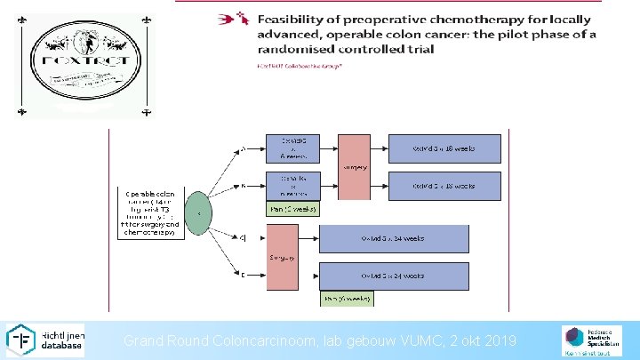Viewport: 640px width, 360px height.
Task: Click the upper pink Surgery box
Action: (x=354, y=167)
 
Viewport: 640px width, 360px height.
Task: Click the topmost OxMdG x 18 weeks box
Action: (x=445, y=148)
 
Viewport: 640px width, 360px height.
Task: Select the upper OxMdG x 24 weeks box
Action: (x=394, y=238)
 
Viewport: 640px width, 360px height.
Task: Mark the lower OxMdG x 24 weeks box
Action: (x=394, y=276)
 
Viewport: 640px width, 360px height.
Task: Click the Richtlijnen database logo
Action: (x=45, y=340)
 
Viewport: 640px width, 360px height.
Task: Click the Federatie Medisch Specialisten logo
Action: (x=586, y=340)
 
